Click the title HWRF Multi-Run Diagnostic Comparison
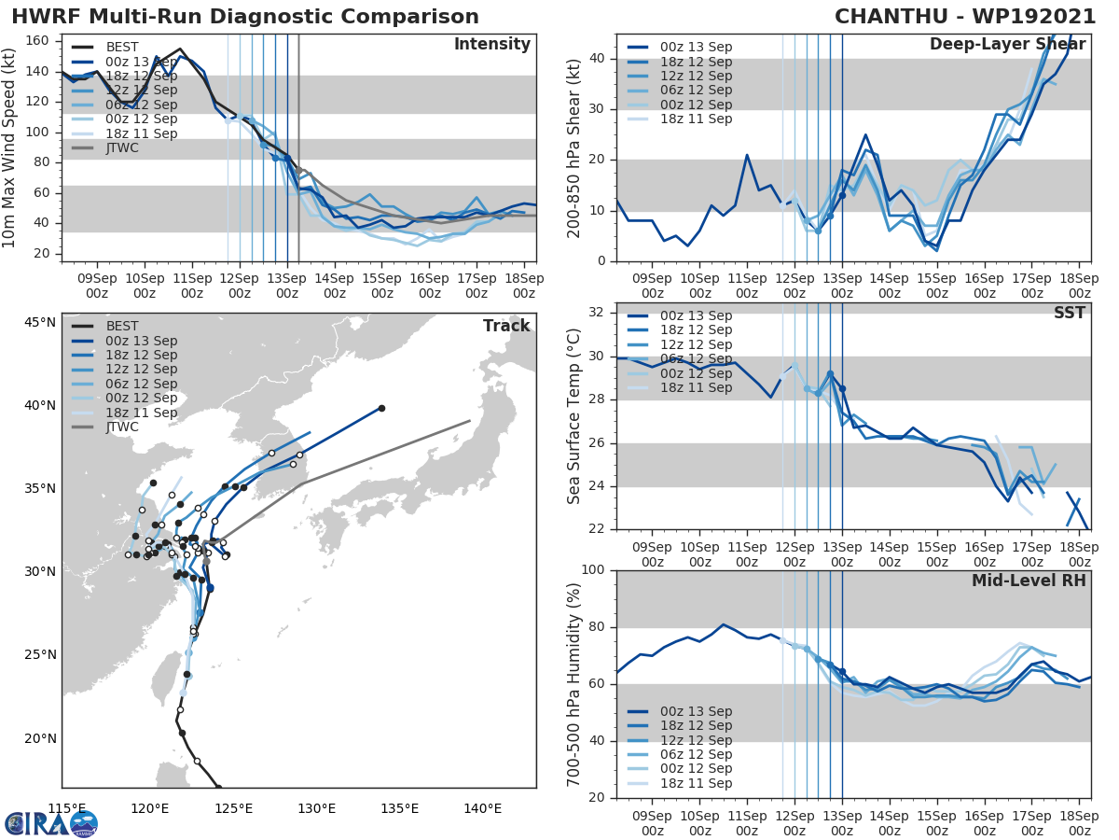tap(245, 17)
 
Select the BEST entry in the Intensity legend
tap(122, 47)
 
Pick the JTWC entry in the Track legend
tap(122, 427)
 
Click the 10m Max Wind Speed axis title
tap(11, 147)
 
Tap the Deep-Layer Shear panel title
tap(1007, 45)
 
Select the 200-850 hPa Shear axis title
tap(575, 147)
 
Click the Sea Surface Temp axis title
tap(575, 415)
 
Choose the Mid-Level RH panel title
tap(1029, 581)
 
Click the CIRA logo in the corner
tap(51, 823)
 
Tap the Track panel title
tap(506, 326)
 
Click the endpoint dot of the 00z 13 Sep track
tap(381, 408)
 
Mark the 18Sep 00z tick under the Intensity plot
tap(524, 286)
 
